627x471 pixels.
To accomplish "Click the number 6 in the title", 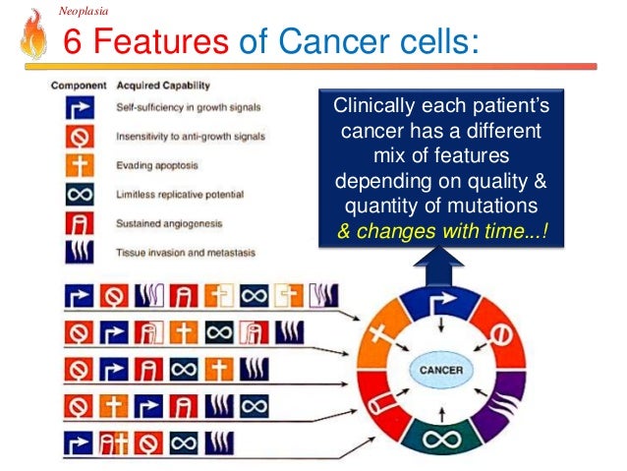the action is [x=72, y=43].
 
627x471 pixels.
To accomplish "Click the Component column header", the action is [x=79, y=86].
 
